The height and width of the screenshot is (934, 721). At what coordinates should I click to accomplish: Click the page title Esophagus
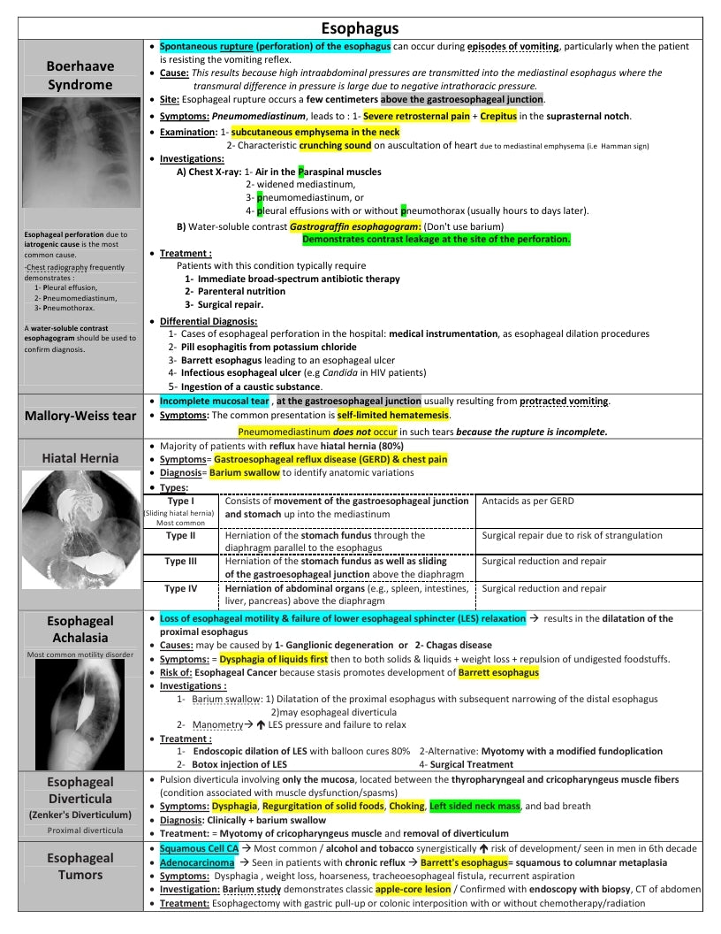(360, 29)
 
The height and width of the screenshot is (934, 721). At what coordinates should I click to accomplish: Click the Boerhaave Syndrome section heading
(80, 75)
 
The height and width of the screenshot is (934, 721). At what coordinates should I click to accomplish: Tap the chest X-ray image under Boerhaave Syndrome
(80, 152)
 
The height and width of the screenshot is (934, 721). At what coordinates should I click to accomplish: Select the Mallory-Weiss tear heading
(80, 416)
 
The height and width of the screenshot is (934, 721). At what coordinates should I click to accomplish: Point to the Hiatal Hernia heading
(80, 458)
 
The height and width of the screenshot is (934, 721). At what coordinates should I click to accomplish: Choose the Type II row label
(180, 535)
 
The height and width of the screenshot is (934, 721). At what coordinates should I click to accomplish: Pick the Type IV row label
(180, 588)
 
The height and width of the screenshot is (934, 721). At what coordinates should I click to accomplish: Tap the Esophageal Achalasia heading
(80, 629)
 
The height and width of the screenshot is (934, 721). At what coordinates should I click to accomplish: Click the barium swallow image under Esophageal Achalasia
(80, 712)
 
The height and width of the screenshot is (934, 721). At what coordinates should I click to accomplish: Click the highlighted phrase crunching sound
(335, 145)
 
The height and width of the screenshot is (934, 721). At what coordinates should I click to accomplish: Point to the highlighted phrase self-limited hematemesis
(393, 415)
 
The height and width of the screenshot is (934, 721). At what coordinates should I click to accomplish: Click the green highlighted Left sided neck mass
(474, 807)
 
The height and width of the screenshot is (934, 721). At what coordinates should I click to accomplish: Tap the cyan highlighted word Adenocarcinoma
(197, 862)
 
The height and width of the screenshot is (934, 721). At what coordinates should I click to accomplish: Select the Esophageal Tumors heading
(80, 866)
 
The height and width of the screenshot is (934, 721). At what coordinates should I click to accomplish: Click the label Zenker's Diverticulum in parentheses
(80, 814)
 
